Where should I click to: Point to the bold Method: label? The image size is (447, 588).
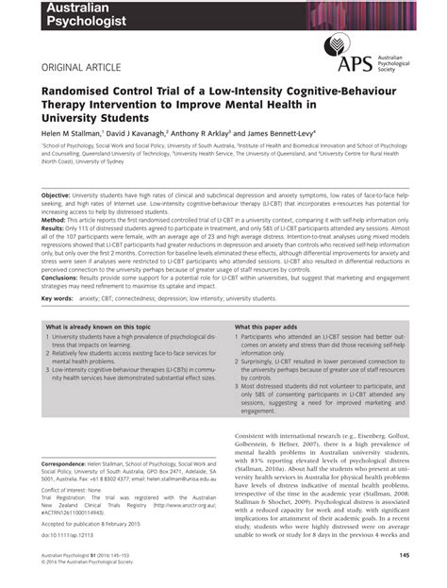[x=57, y=220]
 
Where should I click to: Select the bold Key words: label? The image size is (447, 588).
[x=58, y=298]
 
